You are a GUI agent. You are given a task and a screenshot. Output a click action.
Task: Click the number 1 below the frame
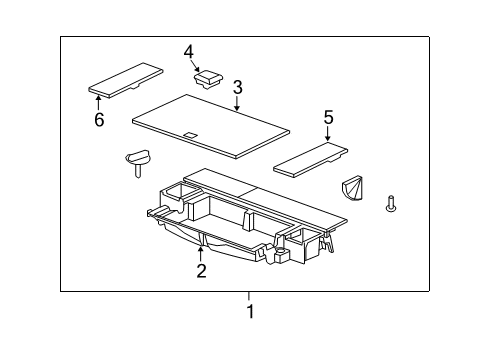pyautogui.click(x=250, y=311)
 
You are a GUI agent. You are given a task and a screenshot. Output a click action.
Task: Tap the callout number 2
pyautogui.click(x=201, y=270)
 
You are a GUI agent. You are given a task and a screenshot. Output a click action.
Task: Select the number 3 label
pyautogui.click(x=238, y=88)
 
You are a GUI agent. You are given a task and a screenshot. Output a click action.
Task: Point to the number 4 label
pyautogui.click(x=189, y=52)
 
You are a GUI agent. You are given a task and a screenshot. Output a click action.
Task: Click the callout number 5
pyautogui.click(x=327, y=117)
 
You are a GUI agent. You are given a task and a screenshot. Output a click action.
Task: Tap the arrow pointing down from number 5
pyautogui.click(x=327, y=136)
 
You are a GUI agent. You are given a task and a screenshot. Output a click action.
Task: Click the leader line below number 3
pyautogui.click(x=236, y=106)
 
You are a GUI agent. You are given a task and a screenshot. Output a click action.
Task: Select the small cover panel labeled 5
pyautogui.click(x=313, y=155)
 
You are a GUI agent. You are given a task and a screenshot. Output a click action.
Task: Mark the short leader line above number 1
pyautogui.click(x=250, y=296)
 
